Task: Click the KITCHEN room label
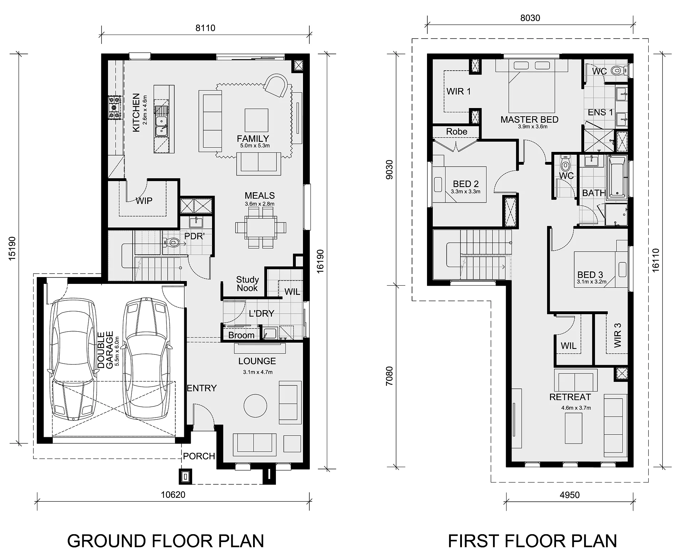[x=136, y=113]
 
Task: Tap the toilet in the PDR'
[x=171, y=243]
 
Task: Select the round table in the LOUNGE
[x=255, y=405]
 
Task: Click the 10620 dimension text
[x=173, y=495]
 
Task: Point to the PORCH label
[x=199, y=456]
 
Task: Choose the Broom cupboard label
[x=241, y=335]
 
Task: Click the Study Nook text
[x=247, y=284]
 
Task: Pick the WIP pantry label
[x=144, y=201]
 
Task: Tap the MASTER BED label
[x=529, y=119]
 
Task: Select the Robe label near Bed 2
[x=457, y=132]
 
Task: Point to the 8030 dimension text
[x=530, y=18]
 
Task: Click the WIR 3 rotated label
[x=618, y=335]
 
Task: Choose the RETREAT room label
[x=570, y=397]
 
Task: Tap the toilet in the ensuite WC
[x=618, y=71]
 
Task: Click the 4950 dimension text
[x=570, y=495]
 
